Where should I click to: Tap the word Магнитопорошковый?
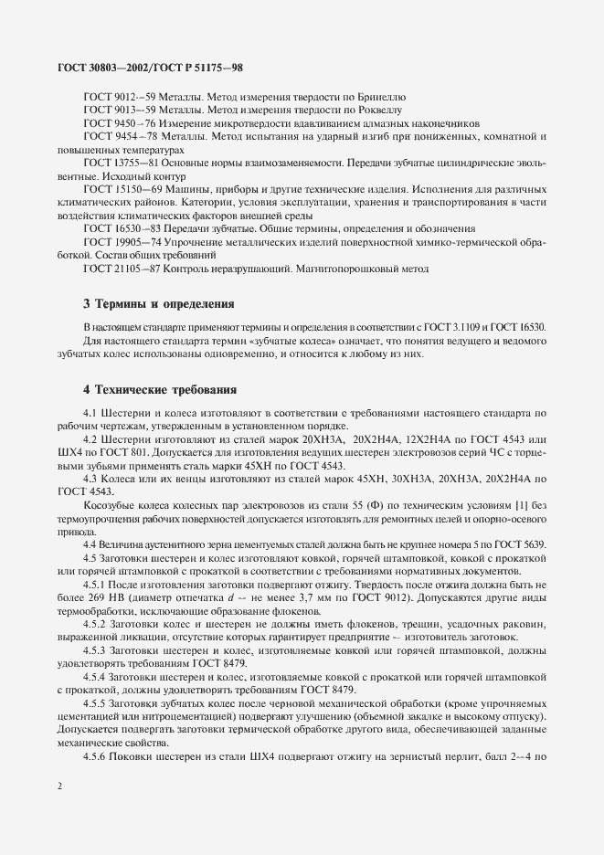[344, 269]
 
